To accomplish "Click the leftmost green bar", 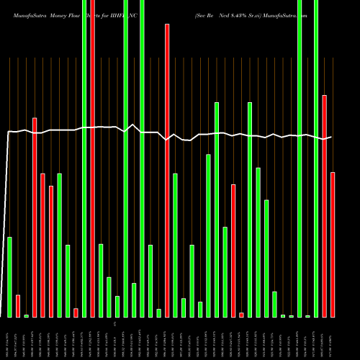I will (x=10, y=277).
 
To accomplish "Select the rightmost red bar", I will (x=333, y=245).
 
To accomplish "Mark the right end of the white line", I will (x=331, y=137).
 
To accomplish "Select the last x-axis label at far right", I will (x=333, y=338).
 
